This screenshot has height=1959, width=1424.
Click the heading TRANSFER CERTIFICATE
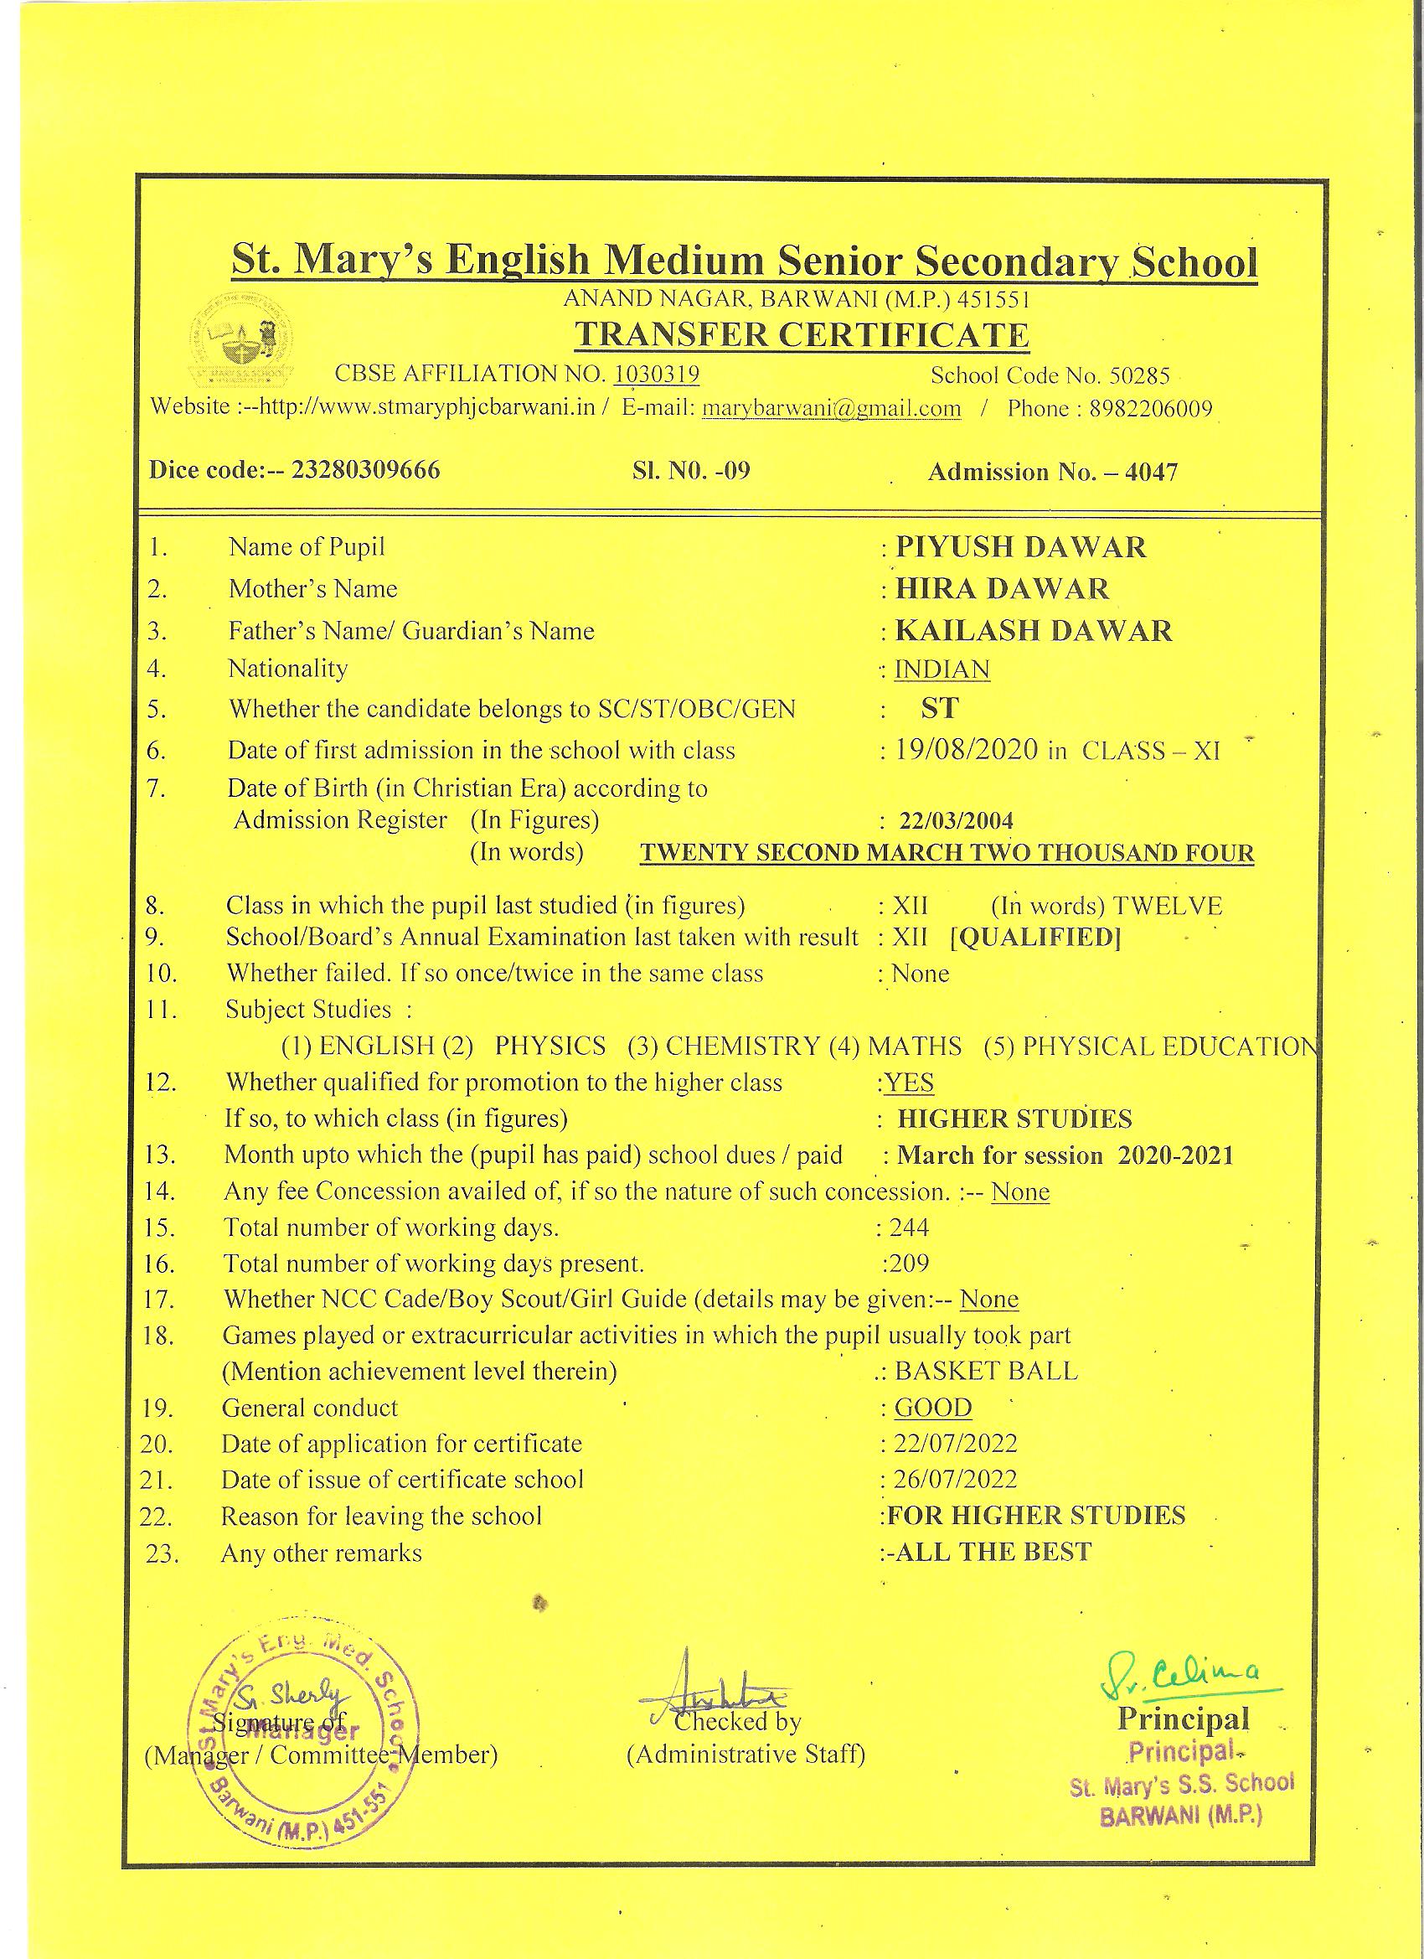click(802, 335)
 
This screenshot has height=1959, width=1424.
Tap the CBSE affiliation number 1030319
click(657, 374)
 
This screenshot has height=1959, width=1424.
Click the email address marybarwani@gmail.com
click(831, 408)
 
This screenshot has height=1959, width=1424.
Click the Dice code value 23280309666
click(365, 470)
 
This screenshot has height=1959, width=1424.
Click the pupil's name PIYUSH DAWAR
click(1020, 547)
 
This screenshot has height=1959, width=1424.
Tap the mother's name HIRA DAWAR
click(1002, 588)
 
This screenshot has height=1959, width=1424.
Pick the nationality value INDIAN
click(942, 669)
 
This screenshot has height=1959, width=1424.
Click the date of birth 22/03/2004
click(956, 819)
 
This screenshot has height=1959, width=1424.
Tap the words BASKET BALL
click(986, 1371)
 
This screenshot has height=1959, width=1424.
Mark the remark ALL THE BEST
click(993, 1552)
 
